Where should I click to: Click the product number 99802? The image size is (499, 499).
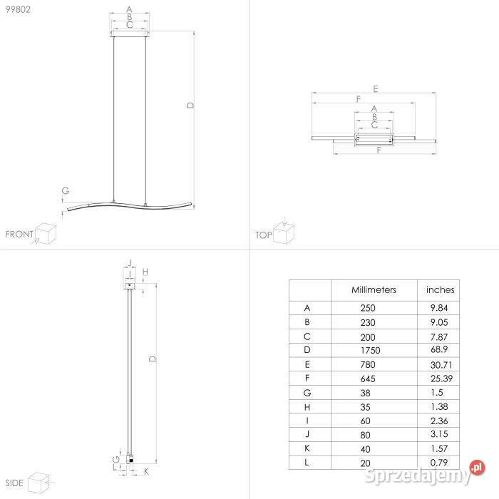pos(19,9)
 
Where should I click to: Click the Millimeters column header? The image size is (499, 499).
pos(374,290)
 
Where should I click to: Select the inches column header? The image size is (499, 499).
pos(440,290)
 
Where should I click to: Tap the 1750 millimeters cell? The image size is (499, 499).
pos(371,350)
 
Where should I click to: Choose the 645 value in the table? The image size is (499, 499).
pos(368,378)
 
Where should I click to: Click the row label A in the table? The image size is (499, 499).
pos(307,308)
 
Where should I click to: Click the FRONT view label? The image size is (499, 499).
pos(19,234)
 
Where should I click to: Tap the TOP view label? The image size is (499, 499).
pos(264,235)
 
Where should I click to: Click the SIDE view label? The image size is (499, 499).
pos(14,484)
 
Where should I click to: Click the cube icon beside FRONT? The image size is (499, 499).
pos(46,233)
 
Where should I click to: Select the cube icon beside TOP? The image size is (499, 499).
pos(284,232)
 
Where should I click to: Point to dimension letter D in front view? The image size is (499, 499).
pos(190,105)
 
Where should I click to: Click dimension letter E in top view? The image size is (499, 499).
pos(375,89)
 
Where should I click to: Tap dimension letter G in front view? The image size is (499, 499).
pos(65,190)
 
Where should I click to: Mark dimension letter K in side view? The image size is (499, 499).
pos(146,472)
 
